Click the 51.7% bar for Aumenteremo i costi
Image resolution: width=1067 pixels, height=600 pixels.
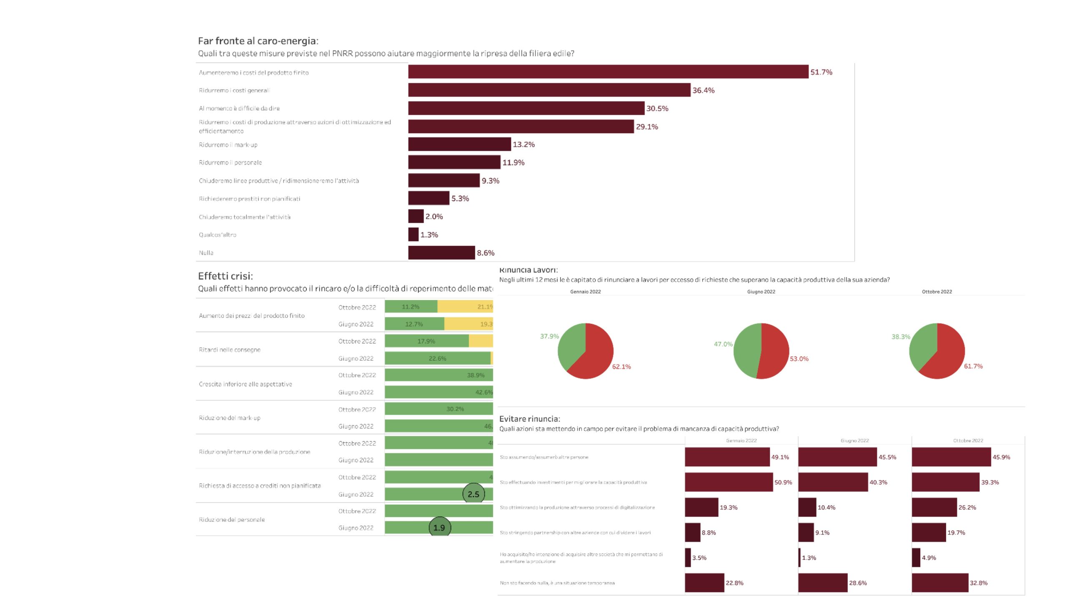coord(608,72)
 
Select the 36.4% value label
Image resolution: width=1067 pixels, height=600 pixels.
coord(703,90)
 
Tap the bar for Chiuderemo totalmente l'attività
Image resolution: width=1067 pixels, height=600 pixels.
coord(416,216)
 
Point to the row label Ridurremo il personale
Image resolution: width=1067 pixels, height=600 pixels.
coord(230,162)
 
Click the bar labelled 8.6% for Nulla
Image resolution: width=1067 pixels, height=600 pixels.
coord(441,252)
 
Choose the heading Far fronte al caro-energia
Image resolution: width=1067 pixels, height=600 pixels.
coord(258,41)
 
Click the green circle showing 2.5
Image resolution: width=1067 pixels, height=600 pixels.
coord(473,494)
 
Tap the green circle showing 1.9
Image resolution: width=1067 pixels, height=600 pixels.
coord(439,527)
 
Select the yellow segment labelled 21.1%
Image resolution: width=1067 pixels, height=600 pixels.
coord(465,307)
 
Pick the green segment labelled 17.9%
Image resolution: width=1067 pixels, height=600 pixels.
coord(426,341)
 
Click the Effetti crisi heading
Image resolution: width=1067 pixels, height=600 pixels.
coord(225,276)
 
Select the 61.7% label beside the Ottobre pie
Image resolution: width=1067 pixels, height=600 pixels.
coord(973,366)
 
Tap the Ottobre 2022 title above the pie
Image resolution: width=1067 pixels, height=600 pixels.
coord(937,292)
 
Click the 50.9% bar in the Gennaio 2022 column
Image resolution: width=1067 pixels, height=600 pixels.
coord(729,482)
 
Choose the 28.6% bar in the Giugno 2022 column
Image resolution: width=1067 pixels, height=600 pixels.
coord(823,582)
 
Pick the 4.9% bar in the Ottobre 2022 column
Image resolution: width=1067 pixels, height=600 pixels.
coord(916,557)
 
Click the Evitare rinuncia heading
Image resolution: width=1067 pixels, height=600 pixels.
coord(529,419)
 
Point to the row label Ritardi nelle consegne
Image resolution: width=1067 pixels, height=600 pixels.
coord(230,350)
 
